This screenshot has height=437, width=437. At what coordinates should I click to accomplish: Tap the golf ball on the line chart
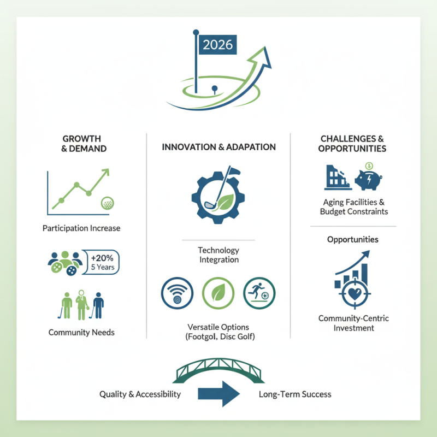[x=108, y=204]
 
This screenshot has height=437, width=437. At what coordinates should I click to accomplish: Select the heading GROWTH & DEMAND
[x=81, y=143]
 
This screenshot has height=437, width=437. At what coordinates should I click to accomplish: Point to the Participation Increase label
[x=81, y=228]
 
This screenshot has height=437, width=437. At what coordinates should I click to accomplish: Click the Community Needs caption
[x=81, y=332]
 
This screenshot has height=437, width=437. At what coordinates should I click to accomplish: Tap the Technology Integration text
[x=218, y=255]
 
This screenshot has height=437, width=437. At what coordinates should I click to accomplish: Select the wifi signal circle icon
[x=176, y=293]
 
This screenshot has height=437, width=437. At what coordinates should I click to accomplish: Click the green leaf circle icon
[x=218, y=293]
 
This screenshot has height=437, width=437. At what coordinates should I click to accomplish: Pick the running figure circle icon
[x=259, y=293]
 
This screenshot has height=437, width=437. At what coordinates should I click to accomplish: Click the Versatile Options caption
[x=218, y=332]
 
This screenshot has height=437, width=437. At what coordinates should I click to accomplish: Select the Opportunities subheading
[x=353, y=239]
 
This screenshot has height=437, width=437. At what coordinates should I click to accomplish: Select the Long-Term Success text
[x=294, y=394]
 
